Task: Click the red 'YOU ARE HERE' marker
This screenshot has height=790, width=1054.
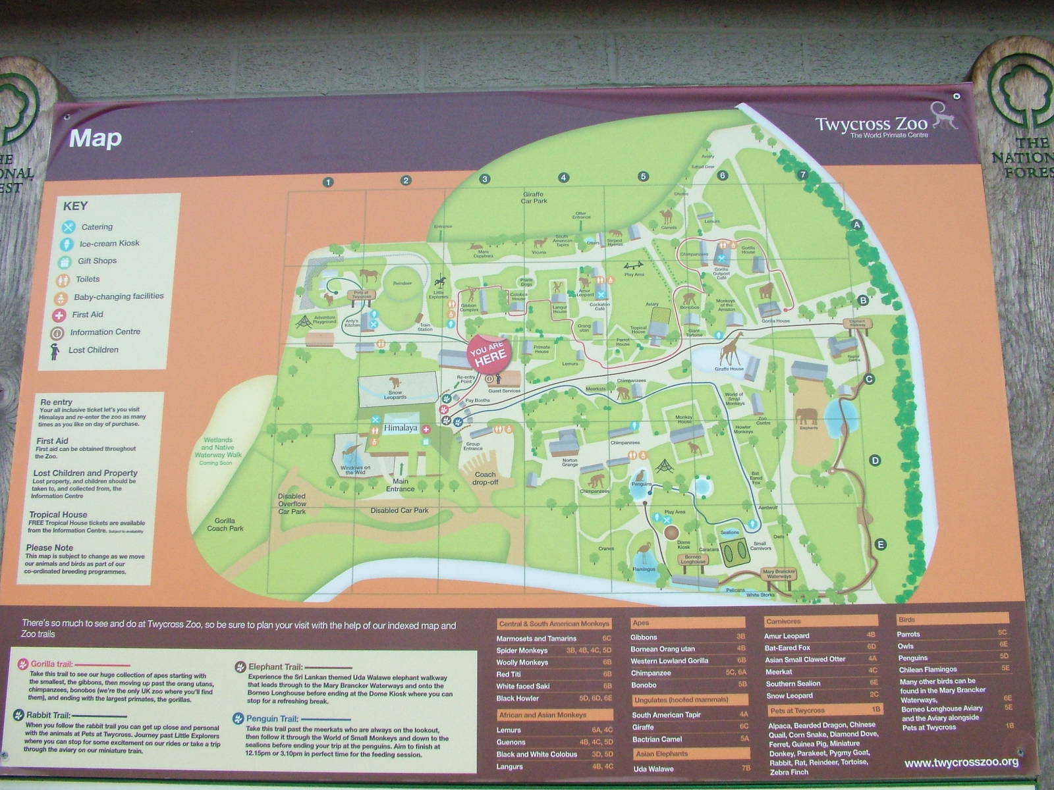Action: click(489, 354)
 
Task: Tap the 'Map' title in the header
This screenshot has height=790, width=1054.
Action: click(96, 138)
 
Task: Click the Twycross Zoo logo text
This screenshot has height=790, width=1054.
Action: click(871, 124)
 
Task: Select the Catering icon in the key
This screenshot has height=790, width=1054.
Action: click(69, 227)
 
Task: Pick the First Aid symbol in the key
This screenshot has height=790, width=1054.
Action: click(59, 315)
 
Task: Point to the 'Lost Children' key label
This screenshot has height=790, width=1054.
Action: click(94, 350)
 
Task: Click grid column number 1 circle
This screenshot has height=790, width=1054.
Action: click(328, 182)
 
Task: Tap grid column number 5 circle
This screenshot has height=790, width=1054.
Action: click(643, 176)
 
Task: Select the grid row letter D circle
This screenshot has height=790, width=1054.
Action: click(875, 460)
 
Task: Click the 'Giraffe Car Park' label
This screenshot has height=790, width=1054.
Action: click(534, 197)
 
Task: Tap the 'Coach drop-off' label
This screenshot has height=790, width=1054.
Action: click(485, 478)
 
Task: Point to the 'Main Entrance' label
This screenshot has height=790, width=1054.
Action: click(400, 485)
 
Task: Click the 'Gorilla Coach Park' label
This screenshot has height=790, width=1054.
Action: click(225, 525)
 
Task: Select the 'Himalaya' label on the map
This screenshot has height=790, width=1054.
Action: click(401, 428)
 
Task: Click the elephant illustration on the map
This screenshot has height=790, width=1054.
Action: click(806, 417)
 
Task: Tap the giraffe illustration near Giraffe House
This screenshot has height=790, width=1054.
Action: click(731, 348)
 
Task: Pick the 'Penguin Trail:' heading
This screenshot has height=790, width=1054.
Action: click(272, 718)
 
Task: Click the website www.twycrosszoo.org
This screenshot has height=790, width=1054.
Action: click(961, 762)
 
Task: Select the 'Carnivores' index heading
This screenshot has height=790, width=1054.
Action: click(783, 621)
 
